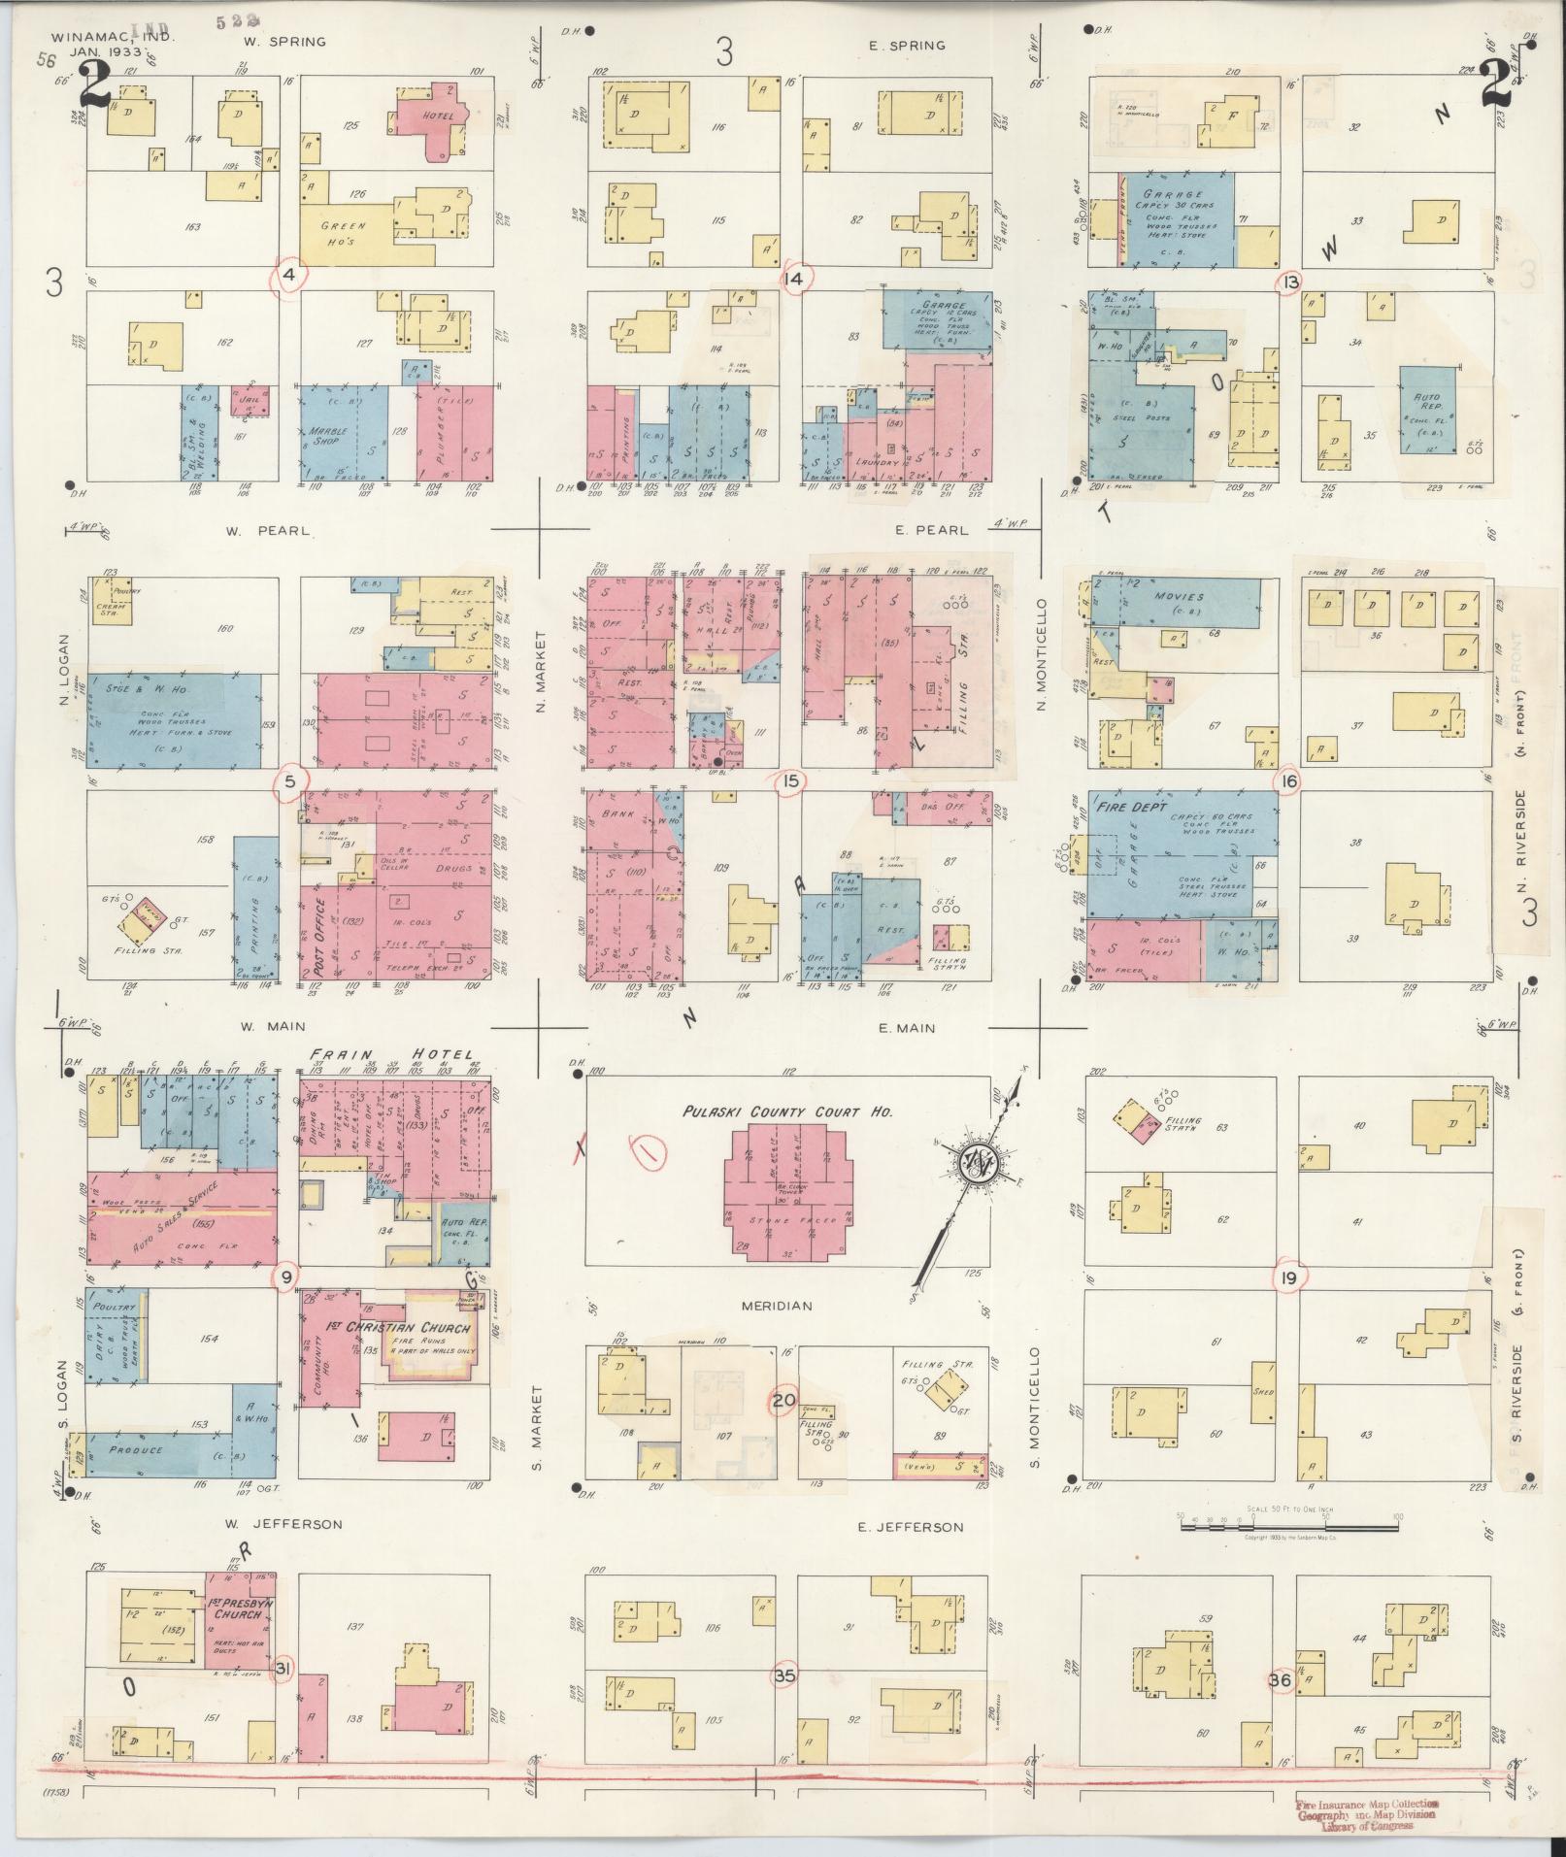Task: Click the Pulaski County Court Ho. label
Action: point(787,1111)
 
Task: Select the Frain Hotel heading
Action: point(391,1054)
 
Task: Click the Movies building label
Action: point(1180,597)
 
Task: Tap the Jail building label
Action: point(248,396)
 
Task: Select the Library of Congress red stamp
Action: point(1367,1814)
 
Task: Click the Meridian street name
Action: point(777,1306)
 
